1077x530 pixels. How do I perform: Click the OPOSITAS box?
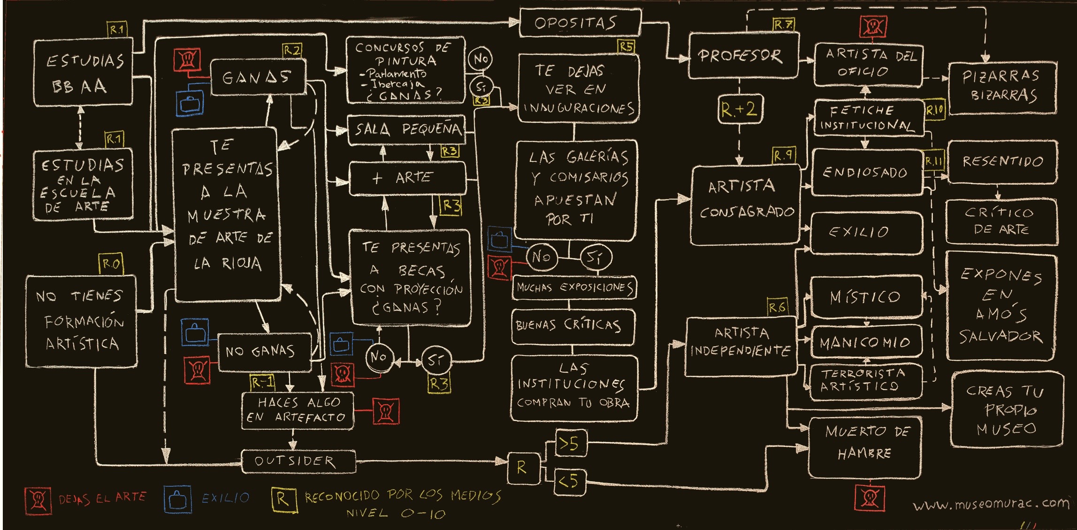(580, 23)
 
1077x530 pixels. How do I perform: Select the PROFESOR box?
(743, 56)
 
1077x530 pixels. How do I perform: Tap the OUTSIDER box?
(298, 461)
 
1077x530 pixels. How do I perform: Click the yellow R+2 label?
(739, 109)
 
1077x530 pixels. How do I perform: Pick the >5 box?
(571, 443)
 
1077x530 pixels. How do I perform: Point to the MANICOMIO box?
(866, 342)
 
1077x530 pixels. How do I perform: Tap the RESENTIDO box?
(1002, 162)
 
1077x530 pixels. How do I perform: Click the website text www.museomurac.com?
(990, 504)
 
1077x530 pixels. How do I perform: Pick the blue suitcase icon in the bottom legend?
(177, 500)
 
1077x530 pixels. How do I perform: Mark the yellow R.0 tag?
(111, 264)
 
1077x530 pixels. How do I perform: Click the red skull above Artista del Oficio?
(873, 26)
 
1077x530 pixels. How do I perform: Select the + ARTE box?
(407, 178)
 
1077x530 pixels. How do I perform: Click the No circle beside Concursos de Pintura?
(481, 59)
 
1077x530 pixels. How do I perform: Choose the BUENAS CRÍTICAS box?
(573, 326)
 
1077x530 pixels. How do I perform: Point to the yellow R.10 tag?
(934, 110)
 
